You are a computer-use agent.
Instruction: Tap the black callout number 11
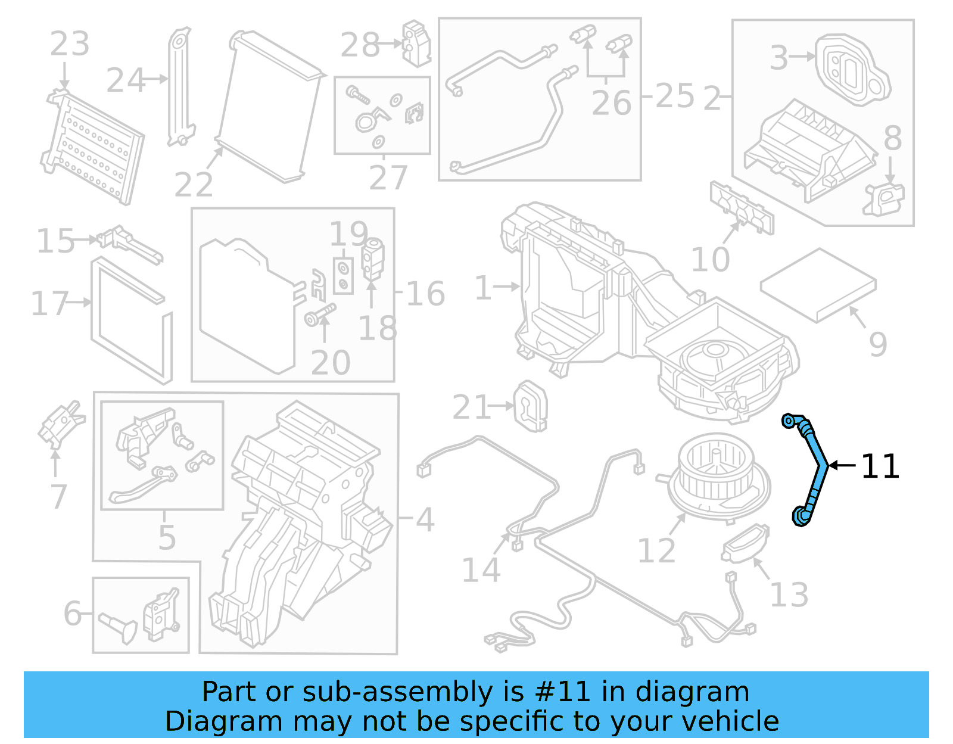880,466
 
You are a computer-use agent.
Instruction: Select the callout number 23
69,44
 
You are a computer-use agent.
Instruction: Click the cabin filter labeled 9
818,285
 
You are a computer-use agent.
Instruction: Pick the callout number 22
194,185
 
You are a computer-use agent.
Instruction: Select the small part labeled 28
416,43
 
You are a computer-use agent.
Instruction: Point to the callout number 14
481,570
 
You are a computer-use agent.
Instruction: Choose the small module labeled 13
745,543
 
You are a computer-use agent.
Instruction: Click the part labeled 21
530,406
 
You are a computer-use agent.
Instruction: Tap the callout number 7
58,496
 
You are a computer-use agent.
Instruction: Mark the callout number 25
675,96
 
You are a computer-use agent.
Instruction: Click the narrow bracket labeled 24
180,86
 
